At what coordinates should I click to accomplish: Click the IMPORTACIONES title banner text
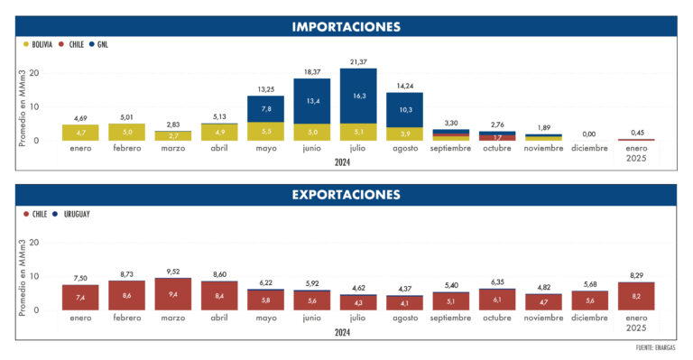pos(346,26)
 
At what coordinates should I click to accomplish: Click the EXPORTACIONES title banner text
pos(346,194)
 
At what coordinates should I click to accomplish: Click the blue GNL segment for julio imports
pos(358,96)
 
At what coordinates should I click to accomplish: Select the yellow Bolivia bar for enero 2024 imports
pos(80,132)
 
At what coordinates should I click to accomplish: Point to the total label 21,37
pos(358,60)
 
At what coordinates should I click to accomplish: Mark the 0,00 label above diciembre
pos(590,134)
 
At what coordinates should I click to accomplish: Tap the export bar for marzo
pos(173,294)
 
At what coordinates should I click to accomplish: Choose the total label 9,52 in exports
pos(173,271)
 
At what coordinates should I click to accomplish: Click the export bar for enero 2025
pos(636,296)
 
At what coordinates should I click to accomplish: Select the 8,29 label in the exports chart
pos(636,274)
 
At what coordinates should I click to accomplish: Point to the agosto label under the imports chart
pos(404,148)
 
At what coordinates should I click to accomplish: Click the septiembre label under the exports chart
pos(451,318)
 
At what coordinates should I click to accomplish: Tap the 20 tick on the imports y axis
pos(35,73)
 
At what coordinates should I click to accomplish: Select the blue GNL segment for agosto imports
pos(404,110)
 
